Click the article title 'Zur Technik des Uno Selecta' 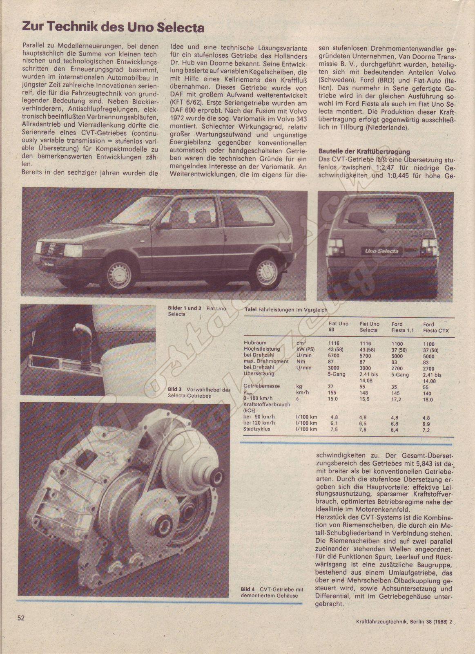point(113,28)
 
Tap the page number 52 point(21,618)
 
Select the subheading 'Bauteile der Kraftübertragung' point(358,152)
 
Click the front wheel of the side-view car point(119,273)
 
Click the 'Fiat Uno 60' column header point(338,327)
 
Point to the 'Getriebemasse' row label point(261,386)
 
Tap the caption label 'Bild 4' point(248,589)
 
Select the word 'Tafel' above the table point(250,310)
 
